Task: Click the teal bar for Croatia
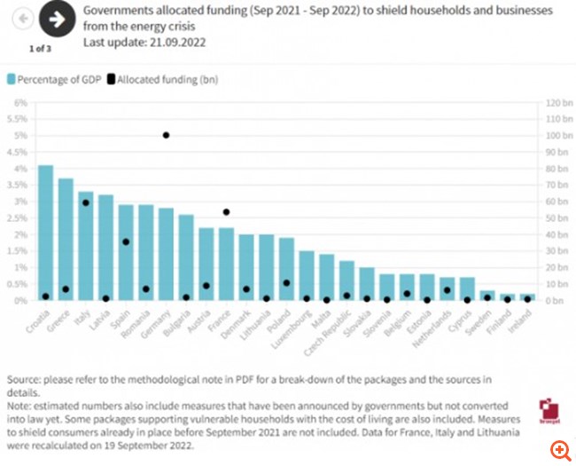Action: [45, 233]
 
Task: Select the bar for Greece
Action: [66, 240]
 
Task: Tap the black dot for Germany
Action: [166, 135]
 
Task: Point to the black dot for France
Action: [226, 212]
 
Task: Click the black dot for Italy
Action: [86, 202]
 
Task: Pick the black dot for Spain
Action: [126, 241]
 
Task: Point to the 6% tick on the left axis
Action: [20, 103]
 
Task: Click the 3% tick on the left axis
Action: [20, 201]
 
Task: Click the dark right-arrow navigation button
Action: [58, 19]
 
